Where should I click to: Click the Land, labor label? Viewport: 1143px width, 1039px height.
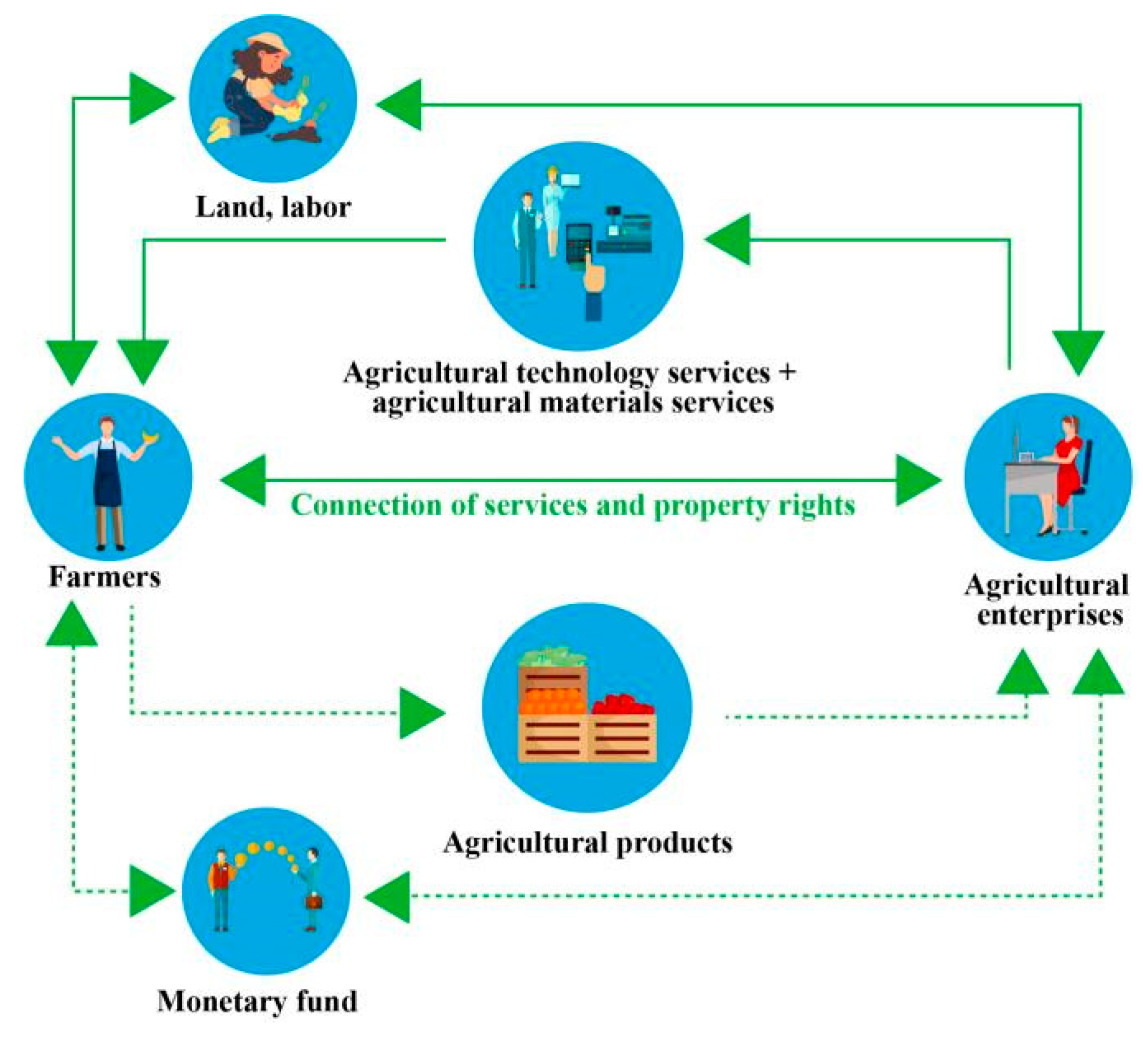coord(273,207)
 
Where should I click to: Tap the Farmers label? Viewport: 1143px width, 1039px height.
coord(104,577)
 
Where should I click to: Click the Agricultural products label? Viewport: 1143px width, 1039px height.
coord(587,843)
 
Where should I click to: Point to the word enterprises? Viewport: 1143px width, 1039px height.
coord(1050,615)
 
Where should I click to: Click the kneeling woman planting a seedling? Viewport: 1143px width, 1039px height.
coord(261,93)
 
